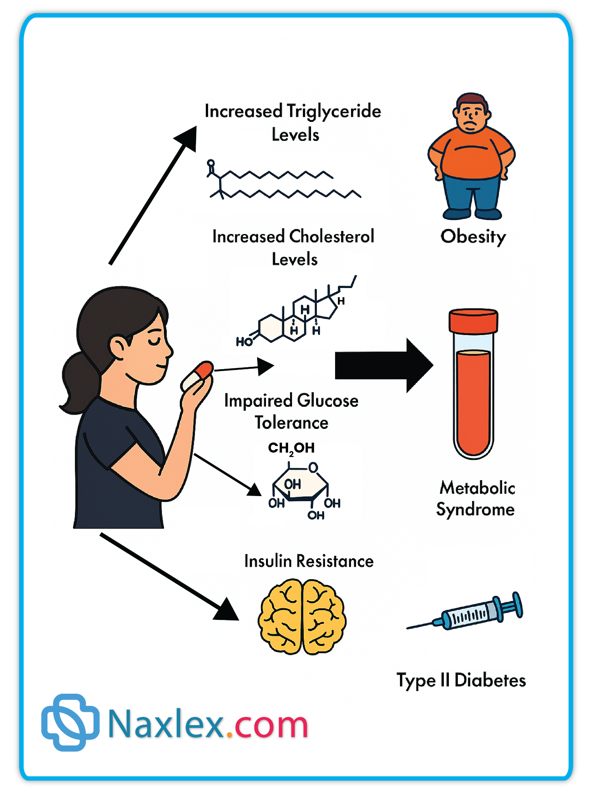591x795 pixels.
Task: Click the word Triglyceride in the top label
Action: point(334,112)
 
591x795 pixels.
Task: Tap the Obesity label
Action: point(473,236)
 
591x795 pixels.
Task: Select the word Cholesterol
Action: point(332,236)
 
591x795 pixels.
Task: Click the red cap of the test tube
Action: point(473,321)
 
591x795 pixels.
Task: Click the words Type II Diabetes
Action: point(461,680)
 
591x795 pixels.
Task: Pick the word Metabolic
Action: point(477,488)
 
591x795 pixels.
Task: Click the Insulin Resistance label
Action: point(309,561)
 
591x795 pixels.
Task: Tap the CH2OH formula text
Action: point(291,448)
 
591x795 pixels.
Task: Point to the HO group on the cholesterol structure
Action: point(244,342)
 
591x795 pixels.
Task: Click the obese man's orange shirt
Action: point(471,155)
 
